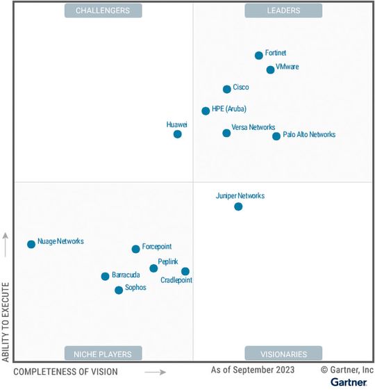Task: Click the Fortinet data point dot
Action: (259, 56)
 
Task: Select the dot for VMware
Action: (270, 70)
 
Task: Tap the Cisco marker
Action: (227, 89)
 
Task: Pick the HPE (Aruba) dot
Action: (206, 111)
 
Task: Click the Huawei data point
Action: (177, 134)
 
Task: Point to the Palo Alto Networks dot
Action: (276, 136)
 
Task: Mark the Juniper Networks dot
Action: (238, 206)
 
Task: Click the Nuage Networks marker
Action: (31, 244)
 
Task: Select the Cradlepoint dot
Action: (185, 271)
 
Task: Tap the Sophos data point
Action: (119, 290)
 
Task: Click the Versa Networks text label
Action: (253, 127)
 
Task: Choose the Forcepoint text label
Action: (157, 247)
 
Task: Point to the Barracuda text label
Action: (126, 275)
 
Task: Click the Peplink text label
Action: (168, 261)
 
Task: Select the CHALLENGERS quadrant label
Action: (103, 10)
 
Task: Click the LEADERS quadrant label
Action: (283, 10)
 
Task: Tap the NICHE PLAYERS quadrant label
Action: (103, 353)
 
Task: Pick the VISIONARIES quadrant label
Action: (283, 353)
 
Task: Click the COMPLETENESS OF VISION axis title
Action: (65, 372)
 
